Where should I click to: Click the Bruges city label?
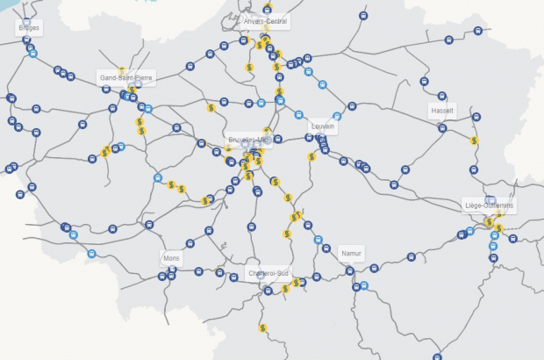(28, 28)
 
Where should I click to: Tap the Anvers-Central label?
(267, 21)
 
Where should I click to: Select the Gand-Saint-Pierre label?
(126, 77)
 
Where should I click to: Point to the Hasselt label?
(442, 112)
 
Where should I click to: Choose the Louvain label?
(322, 126)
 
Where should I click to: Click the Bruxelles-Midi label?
(249, 140)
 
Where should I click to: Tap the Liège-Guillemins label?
(489, 205)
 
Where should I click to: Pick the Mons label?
(171, 259)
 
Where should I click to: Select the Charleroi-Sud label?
(268, 273)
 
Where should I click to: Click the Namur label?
(351, 253)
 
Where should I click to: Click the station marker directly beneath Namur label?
(350, 271)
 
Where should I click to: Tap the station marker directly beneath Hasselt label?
(442, 128)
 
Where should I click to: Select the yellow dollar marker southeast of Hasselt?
(474, 140)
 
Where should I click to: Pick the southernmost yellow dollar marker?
(262, 328)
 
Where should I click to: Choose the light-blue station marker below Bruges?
(33, 54)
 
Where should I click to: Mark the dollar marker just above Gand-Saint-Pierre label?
(123, 69)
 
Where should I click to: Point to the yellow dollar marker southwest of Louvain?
(311, 157)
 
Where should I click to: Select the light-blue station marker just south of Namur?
(362, 286)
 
